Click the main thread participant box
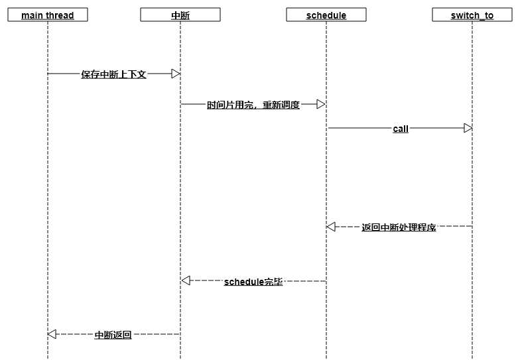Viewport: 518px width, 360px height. (x=48, y=15)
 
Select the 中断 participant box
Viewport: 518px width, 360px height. (x=180, y=15)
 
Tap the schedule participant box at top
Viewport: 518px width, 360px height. (x=326, y=15)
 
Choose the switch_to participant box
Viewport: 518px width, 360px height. (x=472, y=15)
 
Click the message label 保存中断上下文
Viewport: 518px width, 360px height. (x=113, y=74)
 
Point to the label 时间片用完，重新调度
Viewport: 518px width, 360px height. (x=253, y=105)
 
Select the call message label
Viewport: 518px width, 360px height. (x=401, y=129)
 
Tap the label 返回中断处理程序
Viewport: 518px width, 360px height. (x=399, y=227)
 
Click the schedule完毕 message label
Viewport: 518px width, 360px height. (x=253, y=282)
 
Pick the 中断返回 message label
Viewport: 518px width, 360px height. (x=113, y=335)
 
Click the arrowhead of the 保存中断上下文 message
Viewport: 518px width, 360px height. (x=176, y=74)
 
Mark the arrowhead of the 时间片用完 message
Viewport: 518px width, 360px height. (x=321, y=104)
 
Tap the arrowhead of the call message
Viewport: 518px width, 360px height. (x=468, y=127)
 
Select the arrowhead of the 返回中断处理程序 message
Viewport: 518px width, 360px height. (x=331, y=227)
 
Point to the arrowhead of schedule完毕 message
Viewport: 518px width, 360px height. (x=186, y=281)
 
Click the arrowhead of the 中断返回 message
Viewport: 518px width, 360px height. (x=52, y=334)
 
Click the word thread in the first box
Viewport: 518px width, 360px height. (x=60, y=15)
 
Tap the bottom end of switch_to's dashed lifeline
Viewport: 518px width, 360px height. (x=472, y=357)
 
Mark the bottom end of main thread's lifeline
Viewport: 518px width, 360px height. (x=48, y=357)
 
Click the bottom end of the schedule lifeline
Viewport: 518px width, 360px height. (x=326, y=357)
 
